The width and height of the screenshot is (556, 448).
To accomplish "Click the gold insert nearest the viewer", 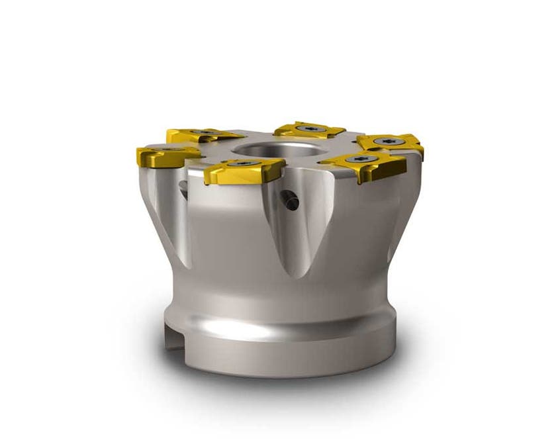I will pos(242,170).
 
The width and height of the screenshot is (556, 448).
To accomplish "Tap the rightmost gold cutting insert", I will pos(391,143).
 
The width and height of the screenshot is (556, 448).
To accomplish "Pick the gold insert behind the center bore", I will pos(308,130).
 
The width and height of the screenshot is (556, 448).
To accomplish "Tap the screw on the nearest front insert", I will pos(244,163).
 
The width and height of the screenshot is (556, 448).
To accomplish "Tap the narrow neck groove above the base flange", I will pos(278,311).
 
